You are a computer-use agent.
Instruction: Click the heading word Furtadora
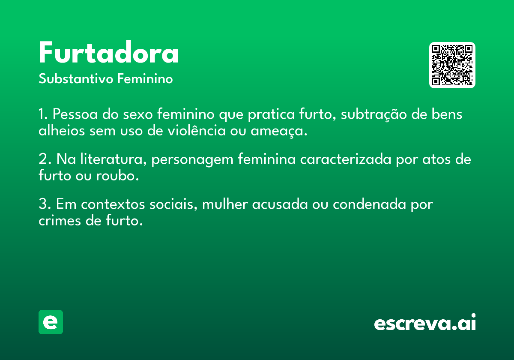click(x=108, y=52)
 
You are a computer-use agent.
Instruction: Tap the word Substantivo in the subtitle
click(x=76, y=78)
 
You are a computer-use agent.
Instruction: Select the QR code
click(x=452, y=65)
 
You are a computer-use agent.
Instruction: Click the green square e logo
click(x=51, y=322)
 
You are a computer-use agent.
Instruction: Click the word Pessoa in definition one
click(x=75, y=114)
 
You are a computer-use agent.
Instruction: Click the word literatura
click(x=111, y=159)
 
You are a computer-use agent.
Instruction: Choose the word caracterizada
click(x=346, y=159)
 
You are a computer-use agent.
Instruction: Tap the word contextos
click(x=113, y=204)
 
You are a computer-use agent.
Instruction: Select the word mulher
click(x=225, y=204)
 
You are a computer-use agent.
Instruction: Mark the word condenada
click(x=369, y=204)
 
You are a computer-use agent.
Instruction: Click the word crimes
click(x=60, y=220)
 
